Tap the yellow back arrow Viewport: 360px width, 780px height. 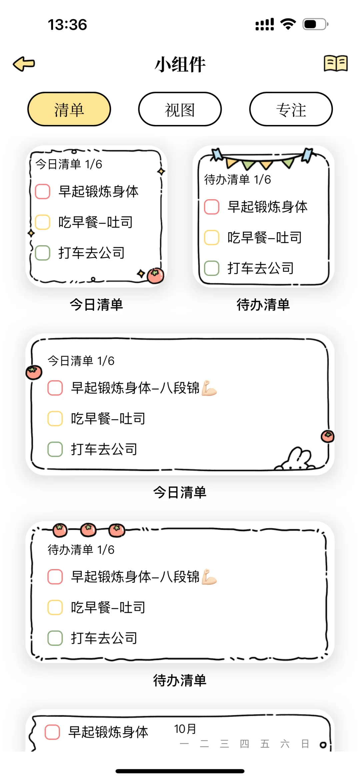point(24,64)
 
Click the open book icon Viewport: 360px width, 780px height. point(336,63)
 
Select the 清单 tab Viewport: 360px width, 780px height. point(69,109)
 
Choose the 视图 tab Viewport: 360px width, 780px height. point(180,109)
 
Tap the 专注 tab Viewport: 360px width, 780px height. point(291,109)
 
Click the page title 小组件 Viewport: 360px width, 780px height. point(180,64)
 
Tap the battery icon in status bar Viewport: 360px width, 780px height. point(315,24)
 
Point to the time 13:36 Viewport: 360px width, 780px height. point(67,25)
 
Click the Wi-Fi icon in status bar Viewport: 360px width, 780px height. point(288,24)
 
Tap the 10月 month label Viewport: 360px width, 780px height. point(185,729)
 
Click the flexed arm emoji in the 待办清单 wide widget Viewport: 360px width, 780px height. point(209,577)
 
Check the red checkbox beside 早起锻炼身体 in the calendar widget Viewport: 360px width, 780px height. point(52,732)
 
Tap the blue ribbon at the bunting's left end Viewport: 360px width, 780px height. point(217,154)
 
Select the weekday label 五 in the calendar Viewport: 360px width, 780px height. point(265,744)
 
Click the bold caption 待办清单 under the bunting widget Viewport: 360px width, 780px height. point(263,305)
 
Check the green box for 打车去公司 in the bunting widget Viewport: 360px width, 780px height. point(212,268)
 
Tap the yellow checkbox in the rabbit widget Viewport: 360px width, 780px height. point(55,418)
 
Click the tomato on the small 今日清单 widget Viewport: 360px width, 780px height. point(155,276)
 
